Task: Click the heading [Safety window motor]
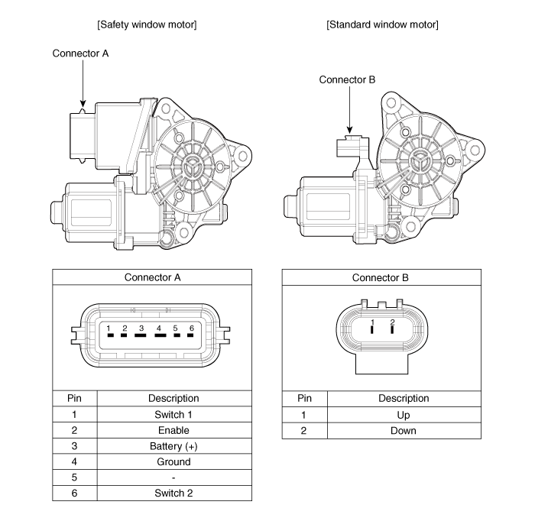coord(148,24)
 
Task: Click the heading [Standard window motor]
coord(382,24)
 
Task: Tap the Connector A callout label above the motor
coord(80,53)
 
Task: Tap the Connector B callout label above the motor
coord(347,79)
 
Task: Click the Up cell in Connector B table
coord(404,414)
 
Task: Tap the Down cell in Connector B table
coord(404,430)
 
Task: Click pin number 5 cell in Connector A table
coord(75,477)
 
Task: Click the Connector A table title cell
coord(152,277)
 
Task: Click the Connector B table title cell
coord(381,277)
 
